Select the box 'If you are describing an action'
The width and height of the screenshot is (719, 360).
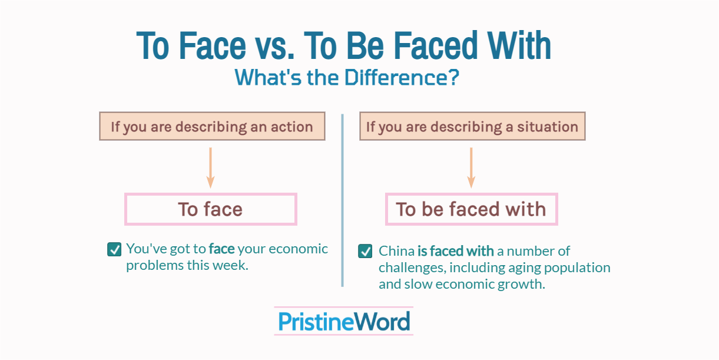click(212, 126)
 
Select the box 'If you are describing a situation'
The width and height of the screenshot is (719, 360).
click(472, 126)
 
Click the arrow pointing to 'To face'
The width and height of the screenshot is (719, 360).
click(211, 167)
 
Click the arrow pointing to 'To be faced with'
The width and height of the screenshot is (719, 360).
click(471, 167)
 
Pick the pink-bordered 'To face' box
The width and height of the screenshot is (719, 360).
click(211, 209)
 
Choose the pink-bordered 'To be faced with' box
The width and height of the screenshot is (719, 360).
click(471, 209)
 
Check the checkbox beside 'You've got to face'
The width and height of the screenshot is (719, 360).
click(114, 249)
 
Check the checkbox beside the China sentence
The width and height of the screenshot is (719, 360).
click(365, 252)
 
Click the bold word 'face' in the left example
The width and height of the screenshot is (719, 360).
click(221, 249)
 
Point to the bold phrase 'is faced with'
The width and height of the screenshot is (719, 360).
click(455, 251)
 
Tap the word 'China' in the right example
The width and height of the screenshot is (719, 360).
click(396, 251)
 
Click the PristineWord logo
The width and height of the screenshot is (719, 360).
click(344, 321)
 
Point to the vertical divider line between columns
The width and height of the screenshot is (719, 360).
click(342, 200)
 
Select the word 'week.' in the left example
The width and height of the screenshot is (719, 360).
click(233, 265)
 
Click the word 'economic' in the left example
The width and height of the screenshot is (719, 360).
click(299, 249)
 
